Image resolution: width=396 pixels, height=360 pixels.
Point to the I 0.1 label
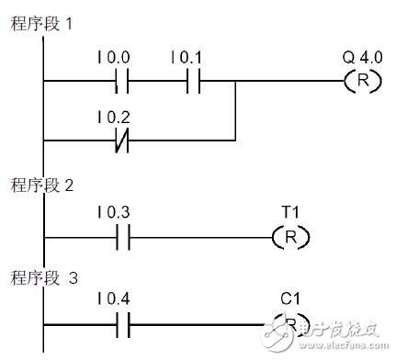pyautogui.click(x=187, y=59)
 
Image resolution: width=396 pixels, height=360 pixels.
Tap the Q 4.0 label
pyautogui.click(x=359, y=59)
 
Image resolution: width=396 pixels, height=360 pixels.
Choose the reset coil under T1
pyautogui.click(x=291, y=238)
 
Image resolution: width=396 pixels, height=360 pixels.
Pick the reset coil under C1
pyautogui.click(x=291, y=325)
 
